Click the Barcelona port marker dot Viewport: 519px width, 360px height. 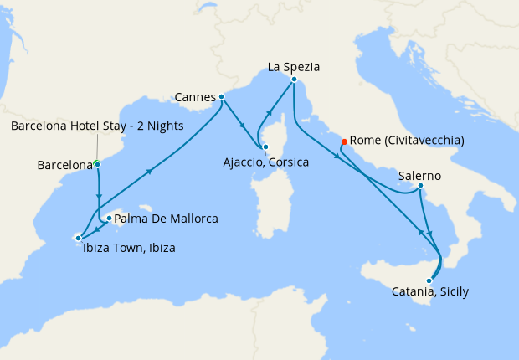[97, 164]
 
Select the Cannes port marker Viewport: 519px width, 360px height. [221, 96]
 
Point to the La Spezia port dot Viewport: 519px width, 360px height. [294, 80]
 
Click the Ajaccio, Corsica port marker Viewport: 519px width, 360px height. [265, 147]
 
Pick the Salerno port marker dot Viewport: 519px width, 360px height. [419, 185]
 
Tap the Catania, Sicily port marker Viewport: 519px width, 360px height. [429, 280]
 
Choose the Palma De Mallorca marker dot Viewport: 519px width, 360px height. [109, 218]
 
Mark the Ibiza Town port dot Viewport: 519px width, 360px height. [78, 238]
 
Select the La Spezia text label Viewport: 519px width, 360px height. [294, 66]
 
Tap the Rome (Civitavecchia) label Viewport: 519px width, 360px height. [406, 141]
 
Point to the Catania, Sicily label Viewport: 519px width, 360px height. [429, 292]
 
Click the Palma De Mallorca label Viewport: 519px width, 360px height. [166, 219]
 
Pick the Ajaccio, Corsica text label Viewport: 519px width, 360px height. [266, 162]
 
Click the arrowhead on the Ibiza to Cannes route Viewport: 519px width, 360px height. [151, 172]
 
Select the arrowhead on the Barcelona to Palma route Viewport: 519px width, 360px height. [99, 193]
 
